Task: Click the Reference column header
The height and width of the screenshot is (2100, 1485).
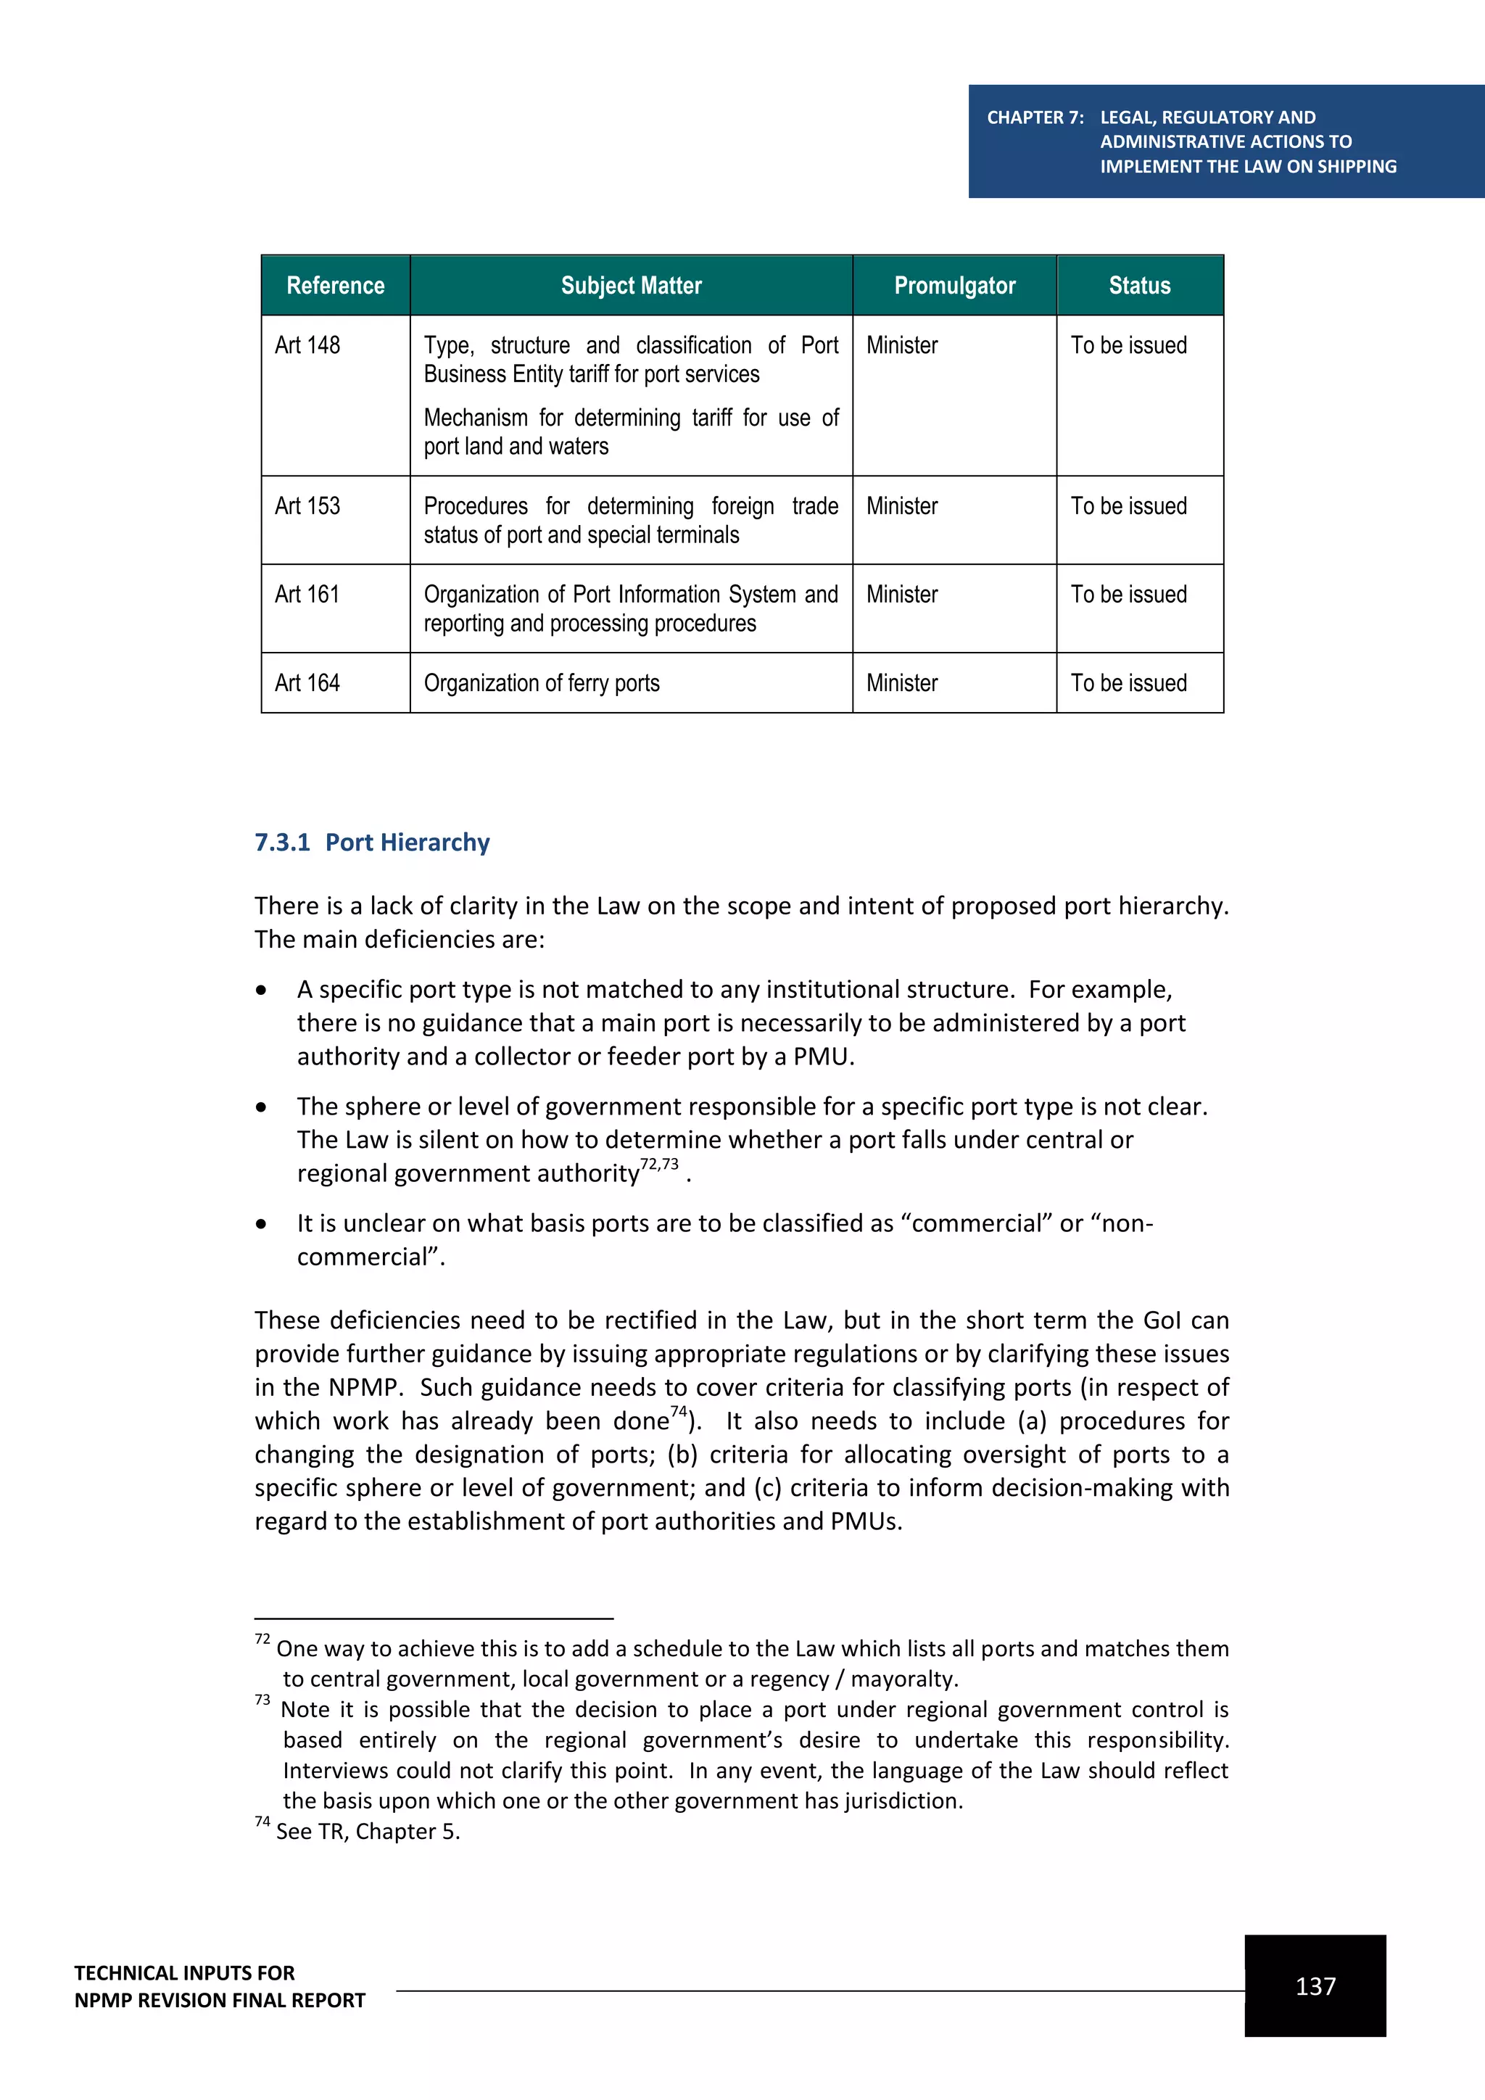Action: point(335,286)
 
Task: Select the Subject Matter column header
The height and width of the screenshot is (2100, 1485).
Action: point(631,286)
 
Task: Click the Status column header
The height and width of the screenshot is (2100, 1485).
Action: point(1139,286)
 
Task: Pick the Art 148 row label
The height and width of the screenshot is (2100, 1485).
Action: point(307,346)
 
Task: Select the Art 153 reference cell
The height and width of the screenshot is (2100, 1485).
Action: point(307,507)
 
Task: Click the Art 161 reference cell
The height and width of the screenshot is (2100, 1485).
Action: point(307,595)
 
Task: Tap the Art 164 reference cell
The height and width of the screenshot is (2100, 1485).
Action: point(307,683)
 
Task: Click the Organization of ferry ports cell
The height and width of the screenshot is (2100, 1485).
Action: point(542,683)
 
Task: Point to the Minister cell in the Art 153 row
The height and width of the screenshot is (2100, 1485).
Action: point(901,507)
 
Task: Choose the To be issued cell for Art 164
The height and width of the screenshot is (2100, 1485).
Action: point(1128,683)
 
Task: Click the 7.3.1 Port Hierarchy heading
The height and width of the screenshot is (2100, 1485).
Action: point(372,843)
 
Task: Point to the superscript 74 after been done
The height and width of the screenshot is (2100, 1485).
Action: point(679,1411)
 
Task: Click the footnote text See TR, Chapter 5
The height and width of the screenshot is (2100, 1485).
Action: point(368,1831)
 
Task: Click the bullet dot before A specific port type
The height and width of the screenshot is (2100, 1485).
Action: point(262,991)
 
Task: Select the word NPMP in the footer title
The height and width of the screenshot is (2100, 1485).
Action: point(105,2001)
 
